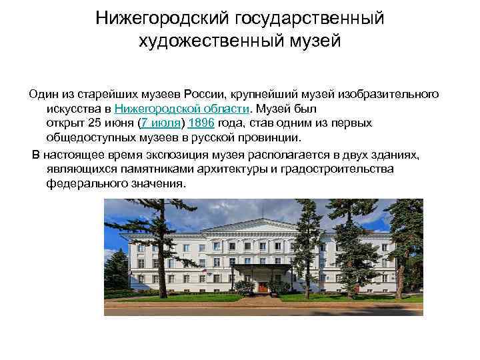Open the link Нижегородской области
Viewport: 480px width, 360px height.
[x=182, y=109]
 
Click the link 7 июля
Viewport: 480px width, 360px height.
[x=161, y=123]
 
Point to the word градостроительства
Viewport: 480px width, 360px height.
[x=338, y=169]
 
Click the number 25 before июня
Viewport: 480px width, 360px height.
[x=95, y=123]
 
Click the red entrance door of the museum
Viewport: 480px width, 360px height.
[x=264, y=287]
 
